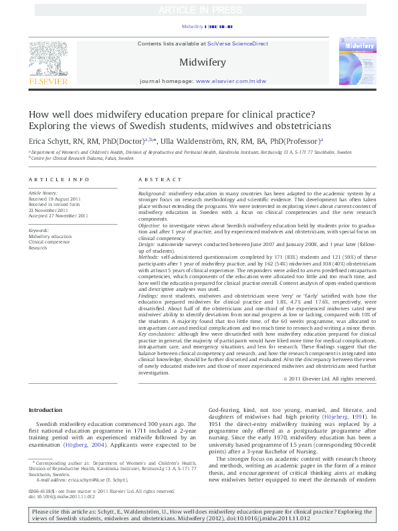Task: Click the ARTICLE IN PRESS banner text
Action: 199,11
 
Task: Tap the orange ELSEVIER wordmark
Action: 47,81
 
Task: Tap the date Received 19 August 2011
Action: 56,199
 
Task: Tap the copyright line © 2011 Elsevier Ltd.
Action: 330,379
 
